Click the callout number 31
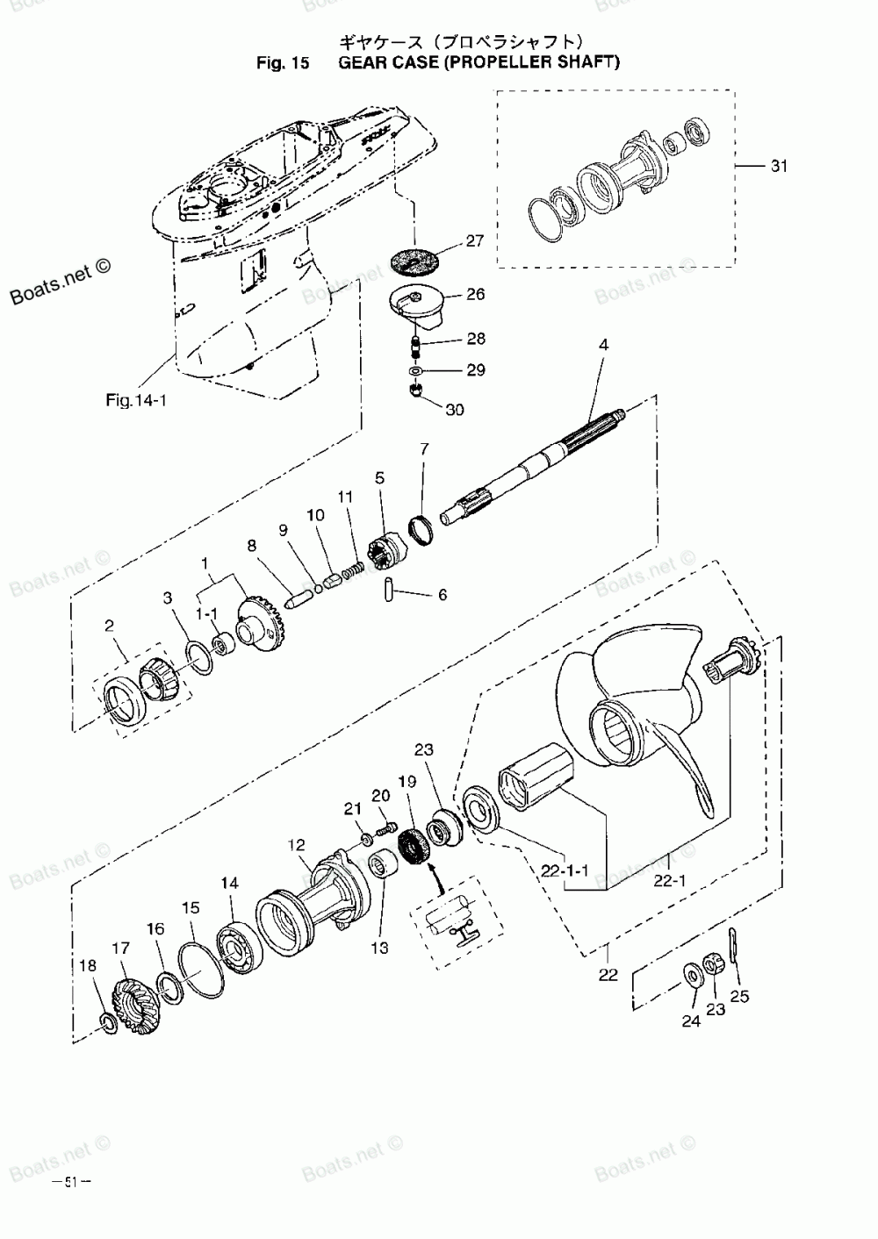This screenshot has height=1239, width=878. pos(779,166)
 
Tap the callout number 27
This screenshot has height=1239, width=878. pos(475,240)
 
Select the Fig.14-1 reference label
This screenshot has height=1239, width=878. pos(136,400)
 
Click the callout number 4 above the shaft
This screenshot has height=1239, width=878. pos(603,345)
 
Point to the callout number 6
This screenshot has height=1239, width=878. pos(443,595)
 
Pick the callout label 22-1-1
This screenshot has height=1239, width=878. pos(565,870)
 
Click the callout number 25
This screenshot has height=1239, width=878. pos(739,996)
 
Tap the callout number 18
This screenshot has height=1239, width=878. pos(88,965)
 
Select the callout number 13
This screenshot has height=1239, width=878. pos(380,948)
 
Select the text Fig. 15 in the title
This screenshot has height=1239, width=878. pos(283,62)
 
